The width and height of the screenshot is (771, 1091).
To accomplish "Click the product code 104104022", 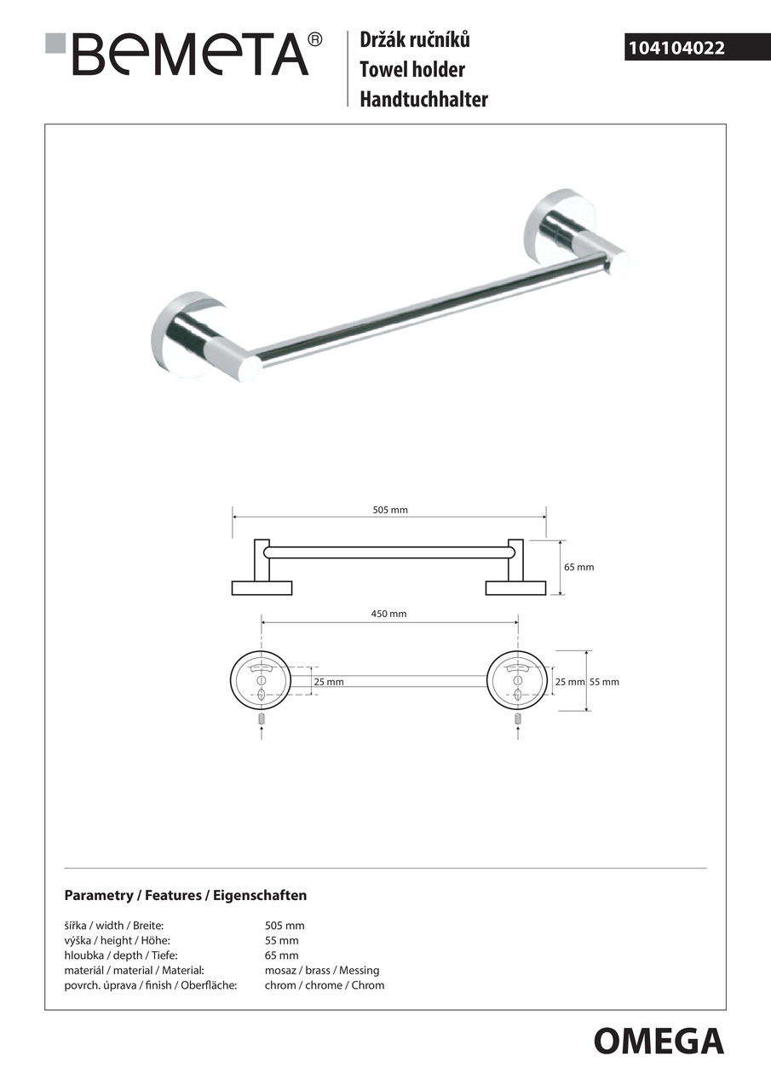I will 676,49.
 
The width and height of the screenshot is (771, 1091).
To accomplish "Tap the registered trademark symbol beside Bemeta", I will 315,39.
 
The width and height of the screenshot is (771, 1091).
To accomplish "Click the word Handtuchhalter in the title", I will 423,99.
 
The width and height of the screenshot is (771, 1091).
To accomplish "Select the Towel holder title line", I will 412,69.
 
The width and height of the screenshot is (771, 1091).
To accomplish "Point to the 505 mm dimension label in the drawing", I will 390,510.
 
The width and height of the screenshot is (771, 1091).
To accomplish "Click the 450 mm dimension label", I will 389,614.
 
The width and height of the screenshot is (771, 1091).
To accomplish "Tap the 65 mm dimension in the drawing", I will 579,567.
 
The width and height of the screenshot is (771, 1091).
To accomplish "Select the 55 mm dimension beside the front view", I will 604,682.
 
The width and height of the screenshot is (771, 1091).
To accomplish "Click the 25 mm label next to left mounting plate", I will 329,682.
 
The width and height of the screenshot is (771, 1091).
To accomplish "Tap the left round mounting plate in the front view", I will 262,681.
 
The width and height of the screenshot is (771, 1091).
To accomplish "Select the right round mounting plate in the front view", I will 516,681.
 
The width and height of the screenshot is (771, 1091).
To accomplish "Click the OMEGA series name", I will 659,1042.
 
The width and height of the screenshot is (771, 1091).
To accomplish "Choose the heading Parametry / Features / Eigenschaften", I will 186,896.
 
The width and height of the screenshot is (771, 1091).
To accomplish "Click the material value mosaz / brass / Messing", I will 322,970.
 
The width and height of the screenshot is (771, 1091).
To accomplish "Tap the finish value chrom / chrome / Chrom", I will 325,985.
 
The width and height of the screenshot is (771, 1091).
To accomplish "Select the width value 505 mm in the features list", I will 285,926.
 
